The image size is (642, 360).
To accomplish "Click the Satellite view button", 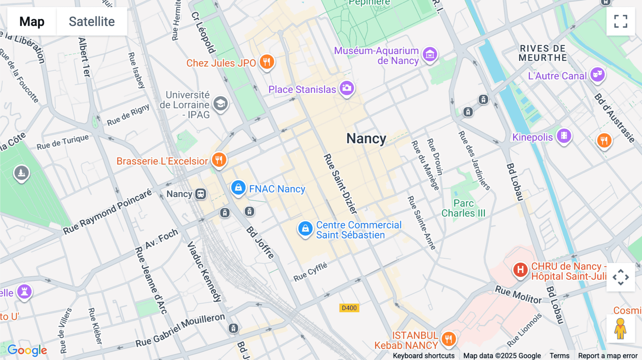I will pyautogui.click(x=92, y=21).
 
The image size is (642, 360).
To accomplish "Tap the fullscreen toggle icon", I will pyautogui.click(x=621, y=21).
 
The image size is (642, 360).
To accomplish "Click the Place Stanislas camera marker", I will pyautogui.click(x=347, y=88).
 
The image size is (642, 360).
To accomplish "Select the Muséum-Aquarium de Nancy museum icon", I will pyautogui.click(x=430, y=55).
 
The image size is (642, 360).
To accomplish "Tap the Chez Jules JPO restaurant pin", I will pyautogui.click(x=266, y=62).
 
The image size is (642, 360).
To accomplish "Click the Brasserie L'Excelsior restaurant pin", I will pyautogui.click(x=219, y=160).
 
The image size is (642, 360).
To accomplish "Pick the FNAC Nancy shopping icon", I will pyautogui.click(x=238, y=187).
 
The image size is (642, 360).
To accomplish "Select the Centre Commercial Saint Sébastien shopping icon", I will pyautogui.click(x=305, y=229).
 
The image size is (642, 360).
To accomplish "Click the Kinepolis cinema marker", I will pyautogui.click(x=564, y=136).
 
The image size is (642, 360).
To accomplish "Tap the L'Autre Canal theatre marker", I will pyautogui.click(x=597, y=74).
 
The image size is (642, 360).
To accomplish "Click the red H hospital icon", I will pyautogui.click(x=520, y=270).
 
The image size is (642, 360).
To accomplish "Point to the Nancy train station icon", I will pyautogui.click(x=201, y=194).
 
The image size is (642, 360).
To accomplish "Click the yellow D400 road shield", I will pyautogui.click(x=349, y=308).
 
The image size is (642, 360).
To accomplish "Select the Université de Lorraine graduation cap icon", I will pyautogui.click(x=220, y=104).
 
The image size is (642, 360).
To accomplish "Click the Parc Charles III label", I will pyautogui.click(x=463, y=208).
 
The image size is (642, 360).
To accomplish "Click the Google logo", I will pyautogui.click(x=27, y=350).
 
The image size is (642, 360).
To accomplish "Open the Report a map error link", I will pyautogui.click(x=607, y=356).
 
